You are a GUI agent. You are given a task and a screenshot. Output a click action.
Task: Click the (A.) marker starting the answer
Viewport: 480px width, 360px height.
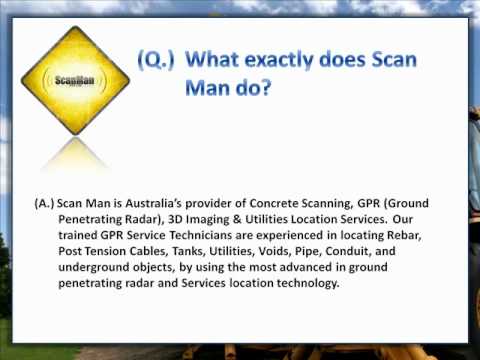click(x=43, y=201)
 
